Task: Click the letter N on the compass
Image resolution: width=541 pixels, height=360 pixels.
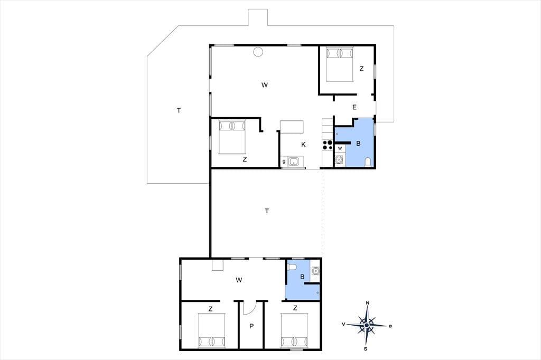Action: pos(368,303)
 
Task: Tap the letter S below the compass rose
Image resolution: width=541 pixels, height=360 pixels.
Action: pos(366,349)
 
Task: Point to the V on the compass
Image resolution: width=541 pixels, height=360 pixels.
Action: pos(343,324)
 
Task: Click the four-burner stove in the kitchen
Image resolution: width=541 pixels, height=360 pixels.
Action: pos(328,145)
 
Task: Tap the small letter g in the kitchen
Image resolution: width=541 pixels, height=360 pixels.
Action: pos(284,161)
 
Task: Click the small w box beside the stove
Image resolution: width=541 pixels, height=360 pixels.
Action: pos(340,148)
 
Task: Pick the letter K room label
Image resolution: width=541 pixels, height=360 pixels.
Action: pos(303,145)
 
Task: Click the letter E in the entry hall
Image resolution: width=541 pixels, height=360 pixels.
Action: pos(355,107)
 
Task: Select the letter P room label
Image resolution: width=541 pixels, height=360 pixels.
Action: pos(251,326)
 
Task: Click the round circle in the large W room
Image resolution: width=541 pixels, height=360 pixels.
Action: pos(258,52)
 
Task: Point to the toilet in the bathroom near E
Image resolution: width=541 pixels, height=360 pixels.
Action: pos(368,162)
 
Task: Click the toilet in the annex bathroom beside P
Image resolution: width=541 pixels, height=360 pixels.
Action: pos(292,267)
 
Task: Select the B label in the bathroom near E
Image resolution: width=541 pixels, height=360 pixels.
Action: pos(358,144)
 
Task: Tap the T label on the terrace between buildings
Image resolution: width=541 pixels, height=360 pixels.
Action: pos(267,211)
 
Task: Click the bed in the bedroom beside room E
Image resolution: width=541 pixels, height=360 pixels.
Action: pos(340,64)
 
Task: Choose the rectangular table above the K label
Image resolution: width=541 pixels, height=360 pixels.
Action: pos(292,127)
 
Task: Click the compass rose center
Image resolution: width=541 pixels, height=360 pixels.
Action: pos(367,325)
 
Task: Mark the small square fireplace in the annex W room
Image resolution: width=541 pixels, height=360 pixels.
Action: pos(217,265)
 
